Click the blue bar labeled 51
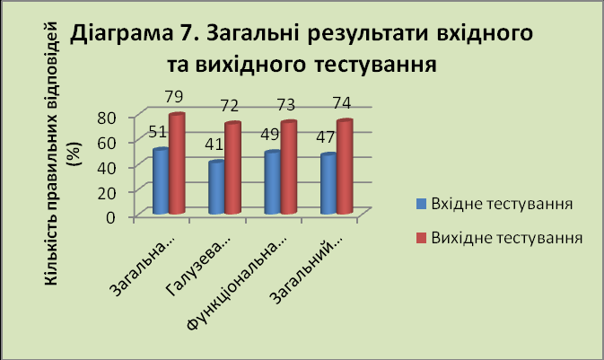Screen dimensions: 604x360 point(161,180)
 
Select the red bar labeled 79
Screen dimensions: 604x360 point(177,163)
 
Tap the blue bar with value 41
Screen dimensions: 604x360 point(216,188)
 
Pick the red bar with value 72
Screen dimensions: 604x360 point(232,168)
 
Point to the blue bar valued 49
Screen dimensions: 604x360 point(272,182)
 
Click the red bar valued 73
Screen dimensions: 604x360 point(288,167)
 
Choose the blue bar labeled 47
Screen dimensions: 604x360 point(328,183)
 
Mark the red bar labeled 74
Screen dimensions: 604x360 point(345,167)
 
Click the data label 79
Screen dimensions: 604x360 point(174,97)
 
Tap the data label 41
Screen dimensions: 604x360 point(214,145)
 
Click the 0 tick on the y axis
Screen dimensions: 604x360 point(110,217)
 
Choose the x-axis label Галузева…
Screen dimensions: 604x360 point(198,265)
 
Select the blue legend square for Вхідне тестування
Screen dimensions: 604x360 point(422,204)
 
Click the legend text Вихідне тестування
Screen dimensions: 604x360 point(506,238)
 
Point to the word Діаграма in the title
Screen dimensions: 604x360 point(121,33)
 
